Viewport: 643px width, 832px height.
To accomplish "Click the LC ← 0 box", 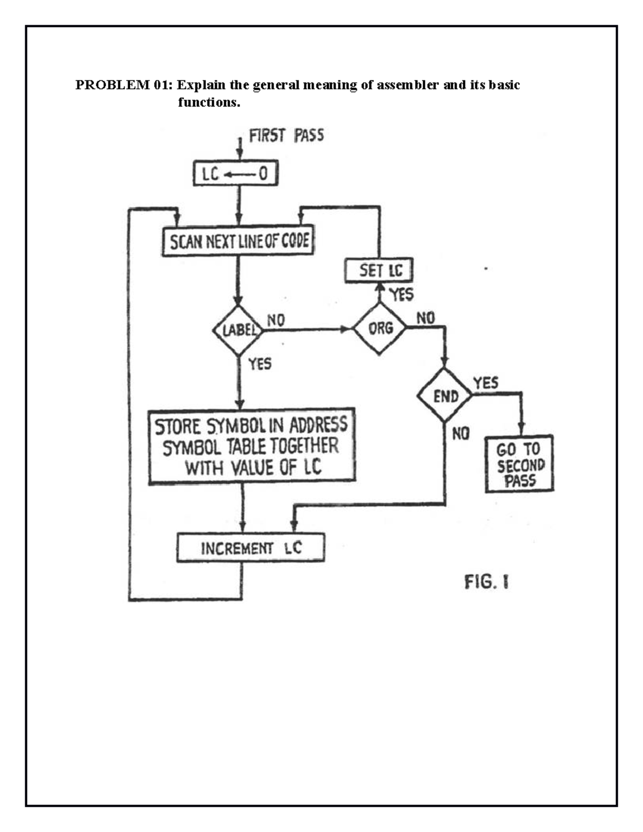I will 235,174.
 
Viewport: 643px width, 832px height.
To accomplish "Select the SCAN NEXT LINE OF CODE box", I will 238,242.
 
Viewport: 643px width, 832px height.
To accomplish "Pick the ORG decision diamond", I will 380,328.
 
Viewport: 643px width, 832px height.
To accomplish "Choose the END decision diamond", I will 445,396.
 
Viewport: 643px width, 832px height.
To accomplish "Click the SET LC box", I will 379,271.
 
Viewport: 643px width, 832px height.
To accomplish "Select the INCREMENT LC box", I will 251,548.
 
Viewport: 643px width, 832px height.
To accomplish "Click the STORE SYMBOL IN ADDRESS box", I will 251,446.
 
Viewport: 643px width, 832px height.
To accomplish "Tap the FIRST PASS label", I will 286,136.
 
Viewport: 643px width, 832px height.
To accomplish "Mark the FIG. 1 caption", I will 487,582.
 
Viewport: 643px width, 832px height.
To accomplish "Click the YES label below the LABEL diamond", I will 260,364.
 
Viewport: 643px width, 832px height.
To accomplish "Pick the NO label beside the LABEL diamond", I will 276,320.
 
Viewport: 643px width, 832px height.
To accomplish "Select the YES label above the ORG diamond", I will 401,294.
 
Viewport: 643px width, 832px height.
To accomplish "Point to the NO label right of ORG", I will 426,318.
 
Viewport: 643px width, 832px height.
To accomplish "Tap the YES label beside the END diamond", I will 485,383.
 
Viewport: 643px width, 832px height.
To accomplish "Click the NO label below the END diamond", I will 461,434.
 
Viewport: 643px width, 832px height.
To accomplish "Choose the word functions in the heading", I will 208,102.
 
